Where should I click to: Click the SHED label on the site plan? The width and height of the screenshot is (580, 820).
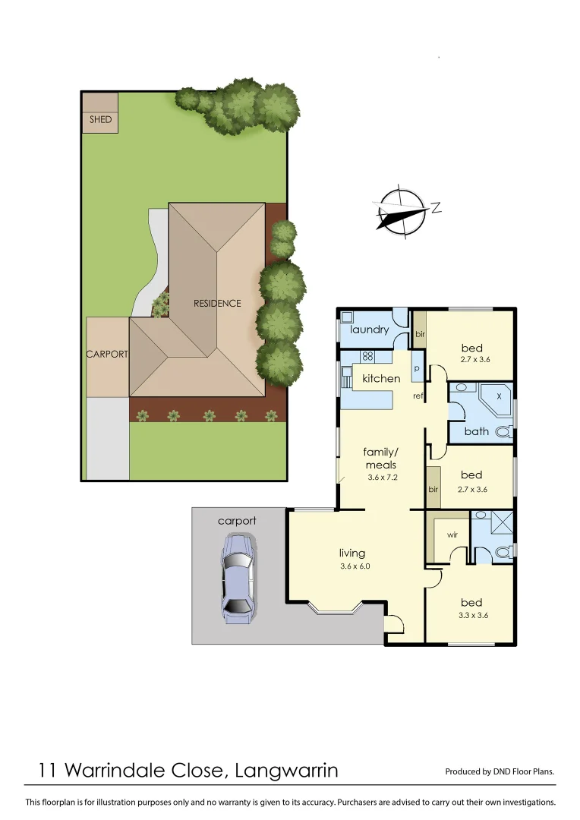coord(100,119)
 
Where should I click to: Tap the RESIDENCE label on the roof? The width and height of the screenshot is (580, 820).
coord(217,303)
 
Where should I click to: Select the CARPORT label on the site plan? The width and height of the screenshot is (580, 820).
coord(107,354)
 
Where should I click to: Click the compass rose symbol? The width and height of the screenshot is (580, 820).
coord(402,209)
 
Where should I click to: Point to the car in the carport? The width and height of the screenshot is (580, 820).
coord(238,579)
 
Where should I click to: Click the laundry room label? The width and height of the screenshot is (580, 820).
coord(369,330)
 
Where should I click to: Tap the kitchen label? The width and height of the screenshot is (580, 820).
coord(381,378)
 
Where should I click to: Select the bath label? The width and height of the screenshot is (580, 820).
coord(477,431)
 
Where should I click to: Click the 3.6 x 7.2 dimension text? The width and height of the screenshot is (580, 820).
coord(382,478)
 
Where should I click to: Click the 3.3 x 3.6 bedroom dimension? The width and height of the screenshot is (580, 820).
coord(474,615)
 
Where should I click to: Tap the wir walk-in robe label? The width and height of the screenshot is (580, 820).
coord(452,535)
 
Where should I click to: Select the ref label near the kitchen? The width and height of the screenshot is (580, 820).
coord(418,396)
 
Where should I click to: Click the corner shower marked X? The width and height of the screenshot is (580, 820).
coord(498,396)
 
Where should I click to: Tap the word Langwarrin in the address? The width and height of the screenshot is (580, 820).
coord(287,771)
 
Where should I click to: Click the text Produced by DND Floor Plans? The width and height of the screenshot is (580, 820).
coord(500,771)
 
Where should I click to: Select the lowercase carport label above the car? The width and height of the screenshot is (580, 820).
coord(237,521)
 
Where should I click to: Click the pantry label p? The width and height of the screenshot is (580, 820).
coord(417,368)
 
